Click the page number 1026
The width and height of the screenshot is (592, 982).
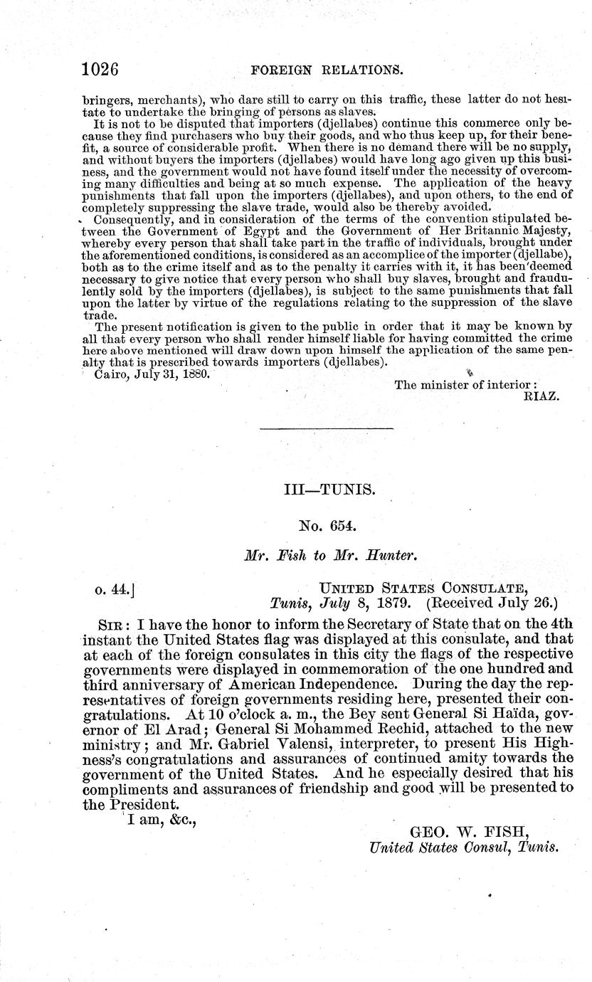coord(99,70)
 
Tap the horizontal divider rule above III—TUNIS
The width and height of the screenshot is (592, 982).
coord(327,428)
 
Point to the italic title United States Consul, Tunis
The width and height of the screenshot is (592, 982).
coord(463,847)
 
